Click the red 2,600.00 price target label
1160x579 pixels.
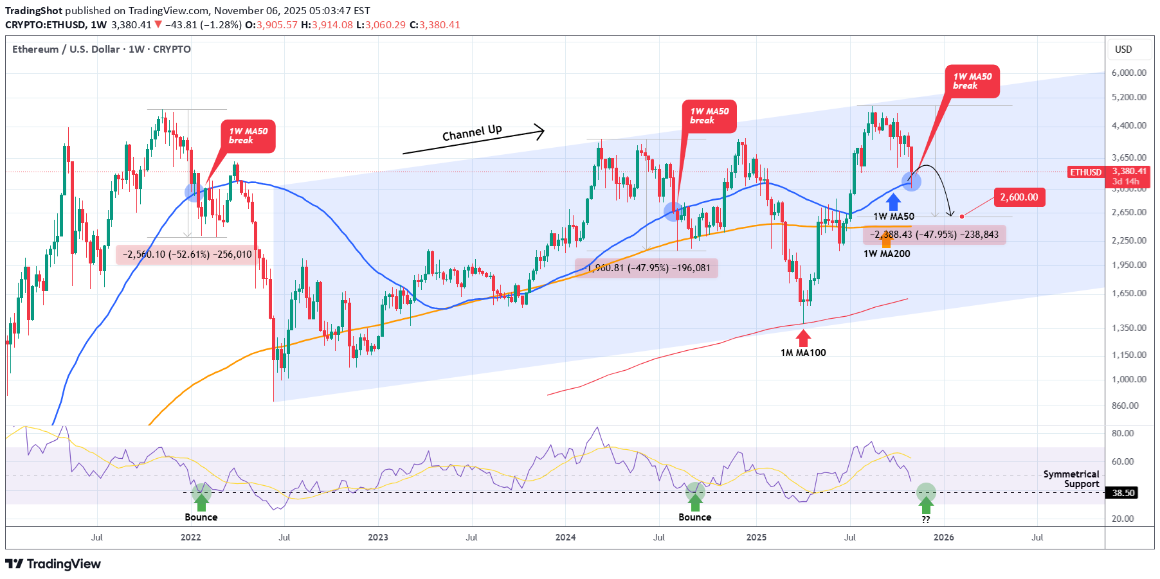(1019, 197)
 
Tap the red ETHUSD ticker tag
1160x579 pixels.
(1085, 172)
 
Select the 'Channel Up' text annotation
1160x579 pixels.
(472, 133)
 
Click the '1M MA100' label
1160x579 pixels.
(803, 353)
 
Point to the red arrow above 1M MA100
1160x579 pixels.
(803, 337)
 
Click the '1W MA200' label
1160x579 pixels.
(887, 254)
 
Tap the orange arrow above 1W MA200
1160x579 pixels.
(887, 240)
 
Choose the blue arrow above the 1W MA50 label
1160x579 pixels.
(893, 202)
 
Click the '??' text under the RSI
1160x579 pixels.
(925, 520)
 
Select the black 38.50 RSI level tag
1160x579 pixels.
(1123, 493)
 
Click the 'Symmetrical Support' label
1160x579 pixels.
(1071, 479)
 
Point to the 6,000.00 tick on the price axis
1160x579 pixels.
(1128, 73)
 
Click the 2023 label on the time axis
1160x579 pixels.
(378, 537)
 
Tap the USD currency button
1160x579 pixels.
(1123, 49)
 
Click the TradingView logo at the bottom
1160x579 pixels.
(53, 564)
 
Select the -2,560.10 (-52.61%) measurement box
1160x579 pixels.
(188, 254)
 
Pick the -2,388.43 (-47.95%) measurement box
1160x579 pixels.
(934, 235)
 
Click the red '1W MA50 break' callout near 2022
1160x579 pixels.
(248, 136)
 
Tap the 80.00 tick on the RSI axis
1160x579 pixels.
(1123, 433)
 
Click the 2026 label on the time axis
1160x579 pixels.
(943, 537)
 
